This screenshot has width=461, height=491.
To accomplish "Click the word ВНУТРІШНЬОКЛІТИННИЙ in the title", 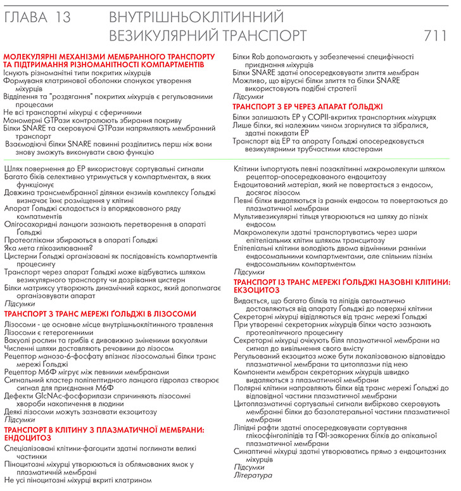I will pos(196,16).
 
